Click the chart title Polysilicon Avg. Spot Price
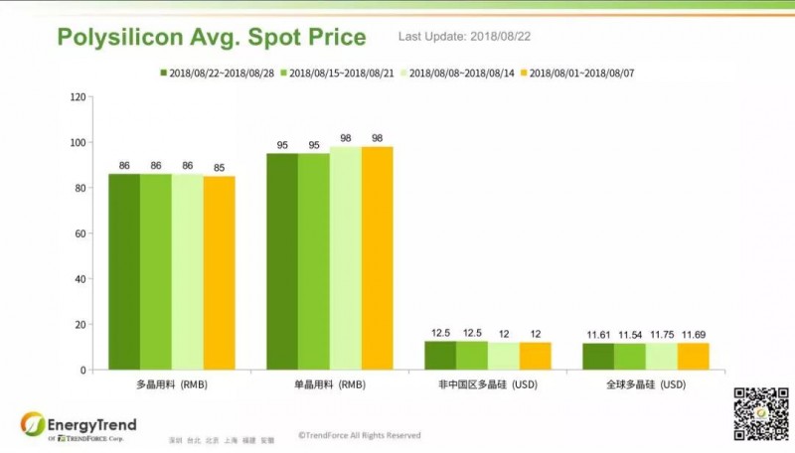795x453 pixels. click(x=212, y=39)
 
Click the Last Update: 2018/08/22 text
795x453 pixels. click(x=465, y=37)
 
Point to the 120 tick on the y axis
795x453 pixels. click(x=78, y=97)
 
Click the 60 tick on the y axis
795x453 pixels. click(x=79, y=233)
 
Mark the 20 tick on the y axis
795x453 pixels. click(x=79, y=325)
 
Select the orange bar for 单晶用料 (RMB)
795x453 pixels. click(x=377, y=258)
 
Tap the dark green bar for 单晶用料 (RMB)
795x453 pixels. click(x=282, y=261)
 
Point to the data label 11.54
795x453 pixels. click(x=630, y=335)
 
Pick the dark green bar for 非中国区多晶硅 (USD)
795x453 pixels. click(x=440, y=356)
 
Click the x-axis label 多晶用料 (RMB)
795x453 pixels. click(x=172, y=383)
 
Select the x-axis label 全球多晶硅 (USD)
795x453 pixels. click(x=646, y=383)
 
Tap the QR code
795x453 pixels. click(x=754, y=413)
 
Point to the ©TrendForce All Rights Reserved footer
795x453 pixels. click(x=359, y=435)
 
